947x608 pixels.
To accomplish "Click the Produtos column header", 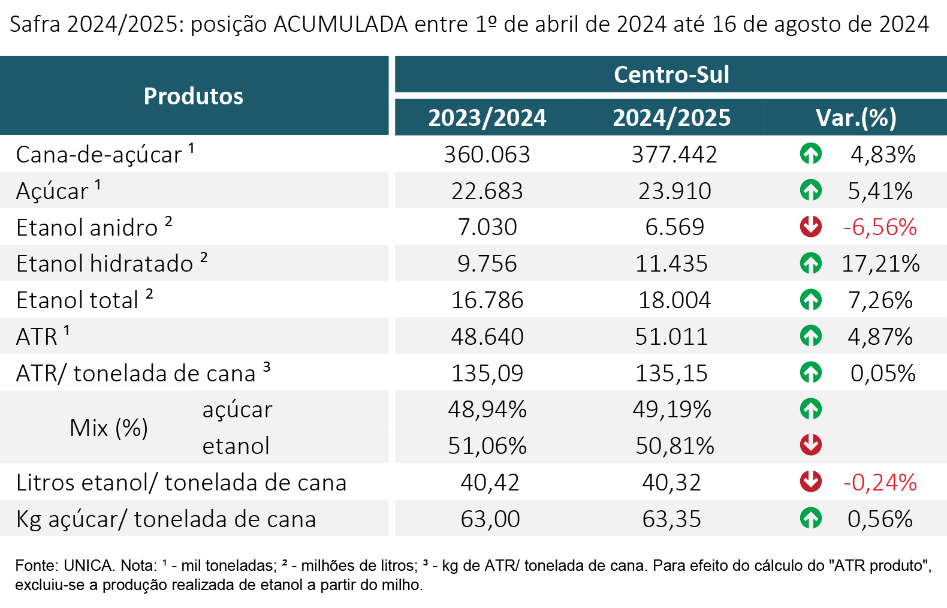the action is pyautogui.click(x=193, y=96).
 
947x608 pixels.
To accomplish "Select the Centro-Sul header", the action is pyautogui.click(x=671, y=75).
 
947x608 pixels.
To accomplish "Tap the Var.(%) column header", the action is pyautogui.click(x=856, y=118).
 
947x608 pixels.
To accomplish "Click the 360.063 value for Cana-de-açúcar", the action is pyautogui.click(x=487, y=154).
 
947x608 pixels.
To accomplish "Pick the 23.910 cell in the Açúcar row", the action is pyautogui.click(x=675, y=191).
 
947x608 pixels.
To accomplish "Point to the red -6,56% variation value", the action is pyautogui.click(x=880, y=227).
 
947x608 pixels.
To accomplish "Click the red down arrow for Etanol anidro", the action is pyautogui.click(x=811, y=227).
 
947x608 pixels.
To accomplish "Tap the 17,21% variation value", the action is pyautogui.click(x=880, y=263).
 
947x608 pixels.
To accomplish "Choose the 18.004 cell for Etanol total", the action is pyautogui.click(x=674, y=300).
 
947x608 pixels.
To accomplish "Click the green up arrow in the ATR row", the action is pyautogui.click(x=811, y=336).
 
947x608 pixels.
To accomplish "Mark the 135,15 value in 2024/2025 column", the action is pyautogui.click(x=671, y=374).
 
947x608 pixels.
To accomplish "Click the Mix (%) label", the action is pyautogui.click(x=108, y=428).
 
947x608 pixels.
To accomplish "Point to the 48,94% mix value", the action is pyautogui.click(x=487, y=409).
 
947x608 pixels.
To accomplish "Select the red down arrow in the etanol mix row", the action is pyautogui.click(x=811, y=445).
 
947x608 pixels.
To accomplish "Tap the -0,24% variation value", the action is pyautogui.click(x=880, y=483).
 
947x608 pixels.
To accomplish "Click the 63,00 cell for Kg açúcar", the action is pyautogui.click(x=490, y=519).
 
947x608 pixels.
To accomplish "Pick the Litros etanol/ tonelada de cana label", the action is pyautogui.click(x=182, y=482).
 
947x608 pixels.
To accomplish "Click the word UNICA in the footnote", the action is pyautogui.click(x=89, y=565).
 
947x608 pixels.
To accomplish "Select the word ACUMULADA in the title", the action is pyautogui.click(x=340, y=24).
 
